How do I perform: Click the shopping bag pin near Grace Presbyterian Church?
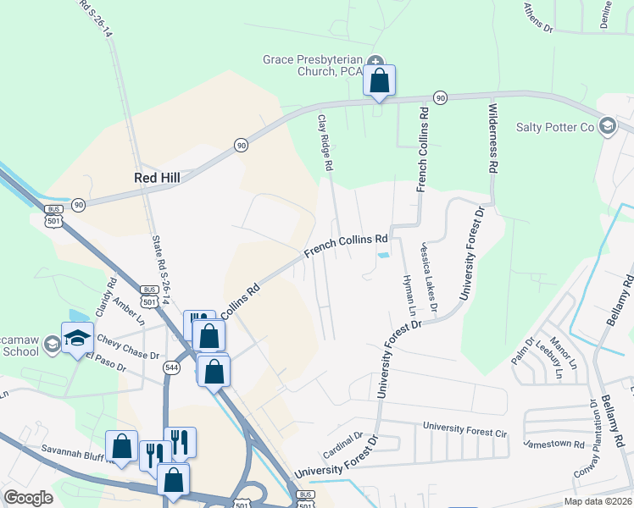pyautogui.click(x=379, y=81)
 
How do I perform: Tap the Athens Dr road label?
pyautogui.click(x=537, y=18)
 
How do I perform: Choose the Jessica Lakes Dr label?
pyautogui.click(x=427, y=275)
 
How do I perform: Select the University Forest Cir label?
pyautogui.click(x=464, y=430)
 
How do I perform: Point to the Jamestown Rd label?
pyautogui.click(x=553, y=444)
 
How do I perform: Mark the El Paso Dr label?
pyautogui.click(x=104, y=364)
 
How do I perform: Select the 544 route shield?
pyautogui.click(x=172, y=368)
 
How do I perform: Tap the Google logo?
pyautogui.click(x=28, y=498)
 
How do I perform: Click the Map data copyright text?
pyautogui.click(x=597, y=501)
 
